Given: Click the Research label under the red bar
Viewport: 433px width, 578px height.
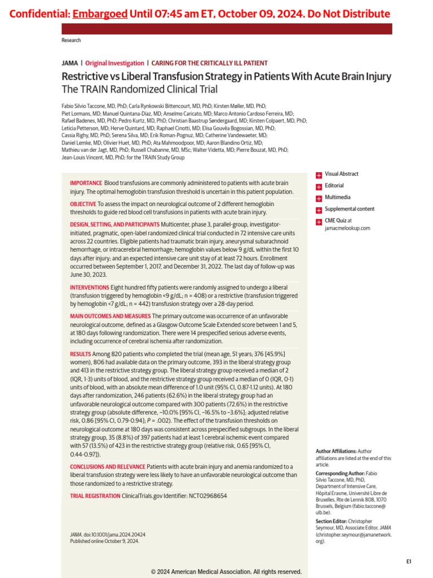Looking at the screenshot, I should (71, 41).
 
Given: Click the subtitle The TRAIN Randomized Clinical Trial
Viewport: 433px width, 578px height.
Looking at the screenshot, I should (139, 89).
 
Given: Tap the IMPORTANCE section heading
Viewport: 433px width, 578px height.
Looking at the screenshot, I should (86, 183).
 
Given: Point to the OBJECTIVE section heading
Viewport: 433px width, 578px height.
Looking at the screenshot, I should (83, 204).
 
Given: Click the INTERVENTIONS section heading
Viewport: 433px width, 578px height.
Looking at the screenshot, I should (90, 287).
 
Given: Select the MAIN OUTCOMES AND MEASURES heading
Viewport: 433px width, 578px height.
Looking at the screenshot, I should (110, 316).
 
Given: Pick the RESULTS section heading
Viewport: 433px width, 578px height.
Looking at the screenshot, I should (80, 353).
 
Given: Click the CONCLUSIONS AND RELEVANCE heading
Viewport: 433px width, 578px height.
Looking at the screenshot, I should (107, 467).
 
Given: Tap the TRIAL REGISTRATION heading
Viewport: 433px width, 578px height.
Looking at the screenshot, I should (95, 496).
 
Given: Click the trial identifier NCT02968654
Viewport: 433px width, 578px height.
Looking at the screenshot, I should (207, 496).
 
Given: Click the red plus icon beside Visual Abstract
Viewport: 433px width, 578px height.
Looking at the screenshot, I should (319, 175).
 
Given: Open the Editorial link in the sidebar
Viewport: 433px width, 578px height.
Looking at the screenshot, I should (334, 186).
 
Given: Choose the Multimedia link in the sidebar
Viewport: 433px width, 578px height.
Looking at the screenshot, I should (337, 198).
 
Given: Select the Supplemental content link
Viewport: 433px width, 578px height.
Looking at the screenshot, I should (349, 209).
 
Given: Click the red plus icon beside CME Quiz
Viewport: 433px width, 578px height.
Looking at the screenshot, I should (319, 221).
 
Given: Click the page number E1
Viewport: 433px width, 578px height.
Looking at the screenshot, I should (409, 562).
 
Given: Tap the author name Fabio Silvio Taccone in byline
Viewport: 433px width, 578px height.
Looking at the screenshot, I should (85, 106).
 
